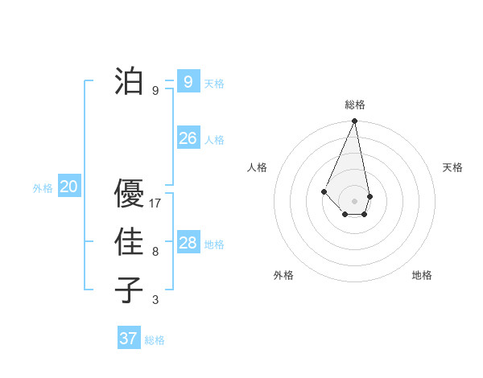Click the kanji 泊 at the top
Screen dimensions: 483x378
129,80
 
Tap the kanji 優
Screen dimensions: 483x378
129,194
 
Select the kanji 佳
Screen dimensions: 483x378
129,242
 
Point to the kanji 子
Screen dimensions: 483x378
129,290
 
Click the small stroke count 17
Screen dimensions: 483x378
155,203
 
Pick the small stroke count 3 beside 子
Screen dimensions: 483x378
155,300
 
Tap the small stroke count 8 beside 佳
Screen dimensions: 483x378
155,252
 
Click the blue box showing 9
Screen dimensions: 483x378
188,81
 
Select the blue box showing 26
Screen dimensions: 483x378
188,138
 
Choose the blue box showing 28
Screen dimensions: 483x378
188,243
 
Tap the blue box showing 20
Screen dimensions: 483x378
68,187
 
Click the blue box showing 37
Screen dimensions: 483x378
128,339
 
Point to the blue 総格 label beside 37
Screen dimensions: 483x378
155,340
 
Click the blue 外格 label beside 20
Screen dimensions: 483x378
43,188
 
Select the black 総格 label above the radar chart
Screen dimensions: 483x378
354,105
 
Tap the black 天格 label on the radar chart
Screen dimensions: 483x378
453,167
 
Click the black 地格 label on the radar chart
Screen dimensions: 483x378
422,275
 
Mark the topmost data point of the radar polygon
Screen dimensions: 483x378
354,121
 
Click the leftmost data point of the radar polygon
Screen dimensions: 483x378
324,191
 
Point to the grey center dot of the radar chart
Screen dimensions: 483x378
354,200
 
